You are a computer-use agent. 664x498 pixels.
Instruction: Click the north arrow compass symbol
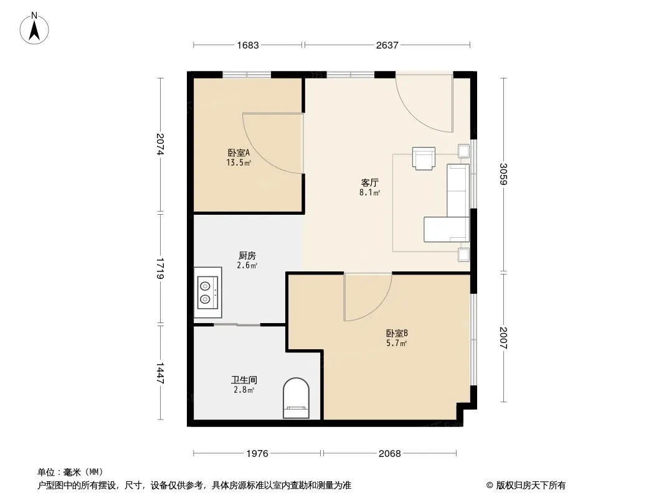(x=34, y=29)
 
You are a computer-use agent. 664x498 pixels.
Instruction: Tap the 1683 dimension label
(x=248, y=45)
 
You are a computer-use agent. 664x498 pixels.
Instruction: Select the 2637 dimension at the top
(x=387, y=45)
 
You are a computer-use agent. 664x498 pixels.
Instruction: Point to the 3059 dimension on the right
(x=503, y=174)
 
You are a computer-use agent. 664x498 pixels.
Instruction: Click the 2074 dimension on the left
(x=160, y=144)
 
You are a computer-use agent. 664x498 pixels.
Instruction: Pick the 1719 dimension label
(x=160, y=268)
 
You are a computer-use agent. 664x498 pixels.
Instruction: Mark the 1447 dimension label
(x=160, y=373)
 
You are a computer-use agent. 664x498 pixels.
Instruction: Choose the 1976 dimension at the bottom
(x=257, y=454)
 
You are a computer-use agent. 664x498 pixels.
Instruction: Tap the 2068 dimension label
(x=389, y=454)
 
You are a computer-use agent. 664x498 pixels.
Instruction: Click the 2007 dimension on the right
(x=503, y=337)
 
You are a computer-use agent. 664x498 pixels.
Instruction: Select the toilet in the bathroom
(x=296, y=398)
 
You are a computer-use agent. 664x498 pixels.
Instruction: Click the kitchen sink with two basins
(x=208, y=293)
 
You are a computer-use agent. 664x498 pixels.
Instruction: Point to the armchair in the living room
(x=424, y=158)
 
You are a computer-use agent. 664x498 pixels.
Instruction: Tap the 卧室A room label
(x=239, y=153)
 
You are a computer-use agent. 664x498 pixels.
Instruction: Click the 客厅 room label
(x=370, y=183)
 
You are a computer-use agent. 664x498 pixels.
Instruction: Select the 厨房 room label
(x=247, y=256)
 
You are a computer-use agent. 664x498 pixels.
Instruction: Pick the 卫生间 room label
(x=244, y=380)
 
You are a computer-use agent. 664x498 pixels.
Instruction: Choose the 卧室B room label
(x=397, y=334)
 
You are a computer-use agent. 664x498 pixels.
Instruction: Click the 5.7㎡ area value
(x=396, y=343)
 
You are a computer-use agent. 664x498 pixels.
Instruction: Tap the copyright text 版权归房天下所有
(x=530, y=486)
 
